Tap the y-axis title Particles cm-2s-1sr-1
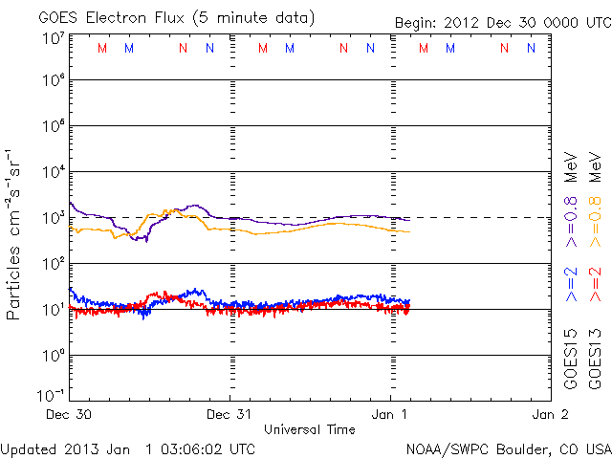[13, 233]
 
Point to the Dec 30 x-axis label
[69, 415]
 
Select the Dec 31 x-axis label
[229, 415]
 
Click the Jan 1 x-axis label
[390, 415]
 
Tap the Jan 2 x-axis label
[550, 415]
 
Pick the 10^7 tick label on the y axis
[52, 37]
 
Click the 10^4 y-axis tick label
[52, 172]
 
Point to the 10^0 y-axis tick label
[52, 355]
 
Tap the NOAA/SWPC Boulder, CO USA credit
[508, 448]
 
